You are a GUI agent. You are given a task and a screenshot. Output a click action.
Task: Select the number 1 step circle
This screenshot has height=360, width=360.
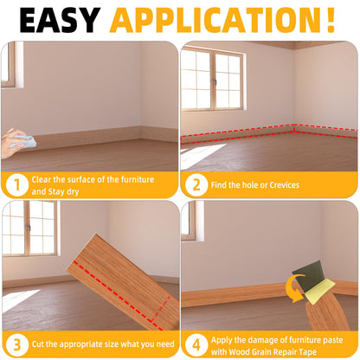tap(15, 184)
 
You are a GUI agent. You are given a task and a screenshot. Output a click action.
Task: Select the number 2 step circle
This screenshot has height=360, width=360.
tap(195, 184)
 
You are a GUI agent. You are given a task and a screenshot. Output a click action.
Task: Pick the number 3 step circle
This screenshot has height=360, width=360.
tap(15, 343)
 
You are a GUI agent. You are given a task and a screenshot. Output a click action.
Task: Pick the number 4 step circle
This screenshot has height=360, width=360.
tap(195, 343)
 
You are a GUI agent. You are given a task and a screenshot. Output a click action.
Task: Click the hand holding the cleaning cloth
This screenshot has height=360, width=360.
tap(15, 141)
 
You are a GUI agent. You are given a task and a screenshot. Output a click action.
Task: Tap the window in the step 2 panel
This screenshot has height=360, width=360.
tap(211, 80)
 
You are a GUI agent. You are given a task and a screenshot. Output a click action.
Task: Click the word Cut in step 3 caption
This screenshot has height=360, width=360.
tap(39, 343)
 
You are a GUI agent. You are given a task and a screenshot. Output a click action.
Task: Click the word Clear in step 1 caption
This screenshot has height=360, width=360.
tap(42, 179)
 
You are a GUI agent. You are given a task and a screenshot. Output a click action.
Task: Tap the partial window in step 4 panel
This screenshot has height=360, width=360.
tap(188, 222)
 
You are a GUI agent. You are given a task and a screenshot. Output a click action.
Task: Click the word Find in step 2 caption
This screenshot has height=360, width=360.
tap(221, 184)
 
